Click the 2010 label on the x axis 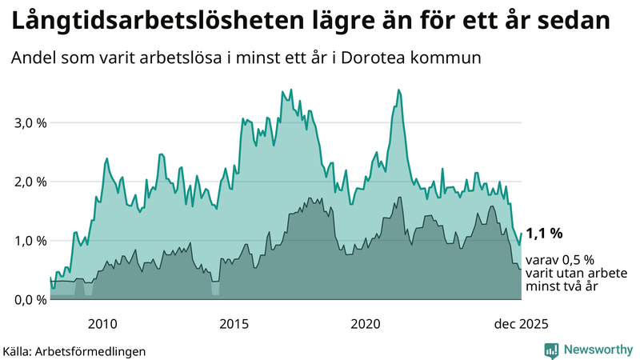[102, 324]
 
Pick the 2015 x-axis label [234, 324]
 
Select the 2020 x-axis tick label [366, 324]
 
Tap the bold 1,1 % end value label [544, 234]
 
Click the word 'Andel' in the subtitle [34, 59]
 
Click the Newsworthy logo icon [551, 350]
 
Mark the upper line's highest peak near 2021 [398, 90]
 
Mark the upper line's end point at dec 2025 [521, 234]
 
